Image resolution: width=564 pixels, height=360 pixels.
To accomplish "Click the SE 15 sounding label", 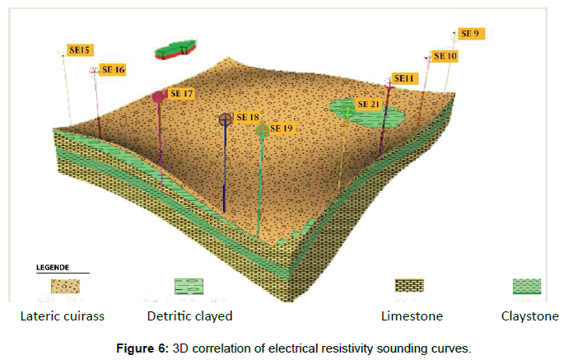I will pyautogui.click(x=80, y=50).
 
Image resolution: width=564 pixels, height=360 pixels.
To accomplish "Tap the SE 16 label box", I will pyautogui.click(x=112, y=70).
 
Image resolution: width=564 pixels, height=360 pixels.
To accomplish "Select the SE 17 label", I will pyautogui.click(x=181, y=94).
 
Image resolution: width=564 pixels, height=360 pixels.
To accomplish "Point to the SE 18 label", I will pyautogui.click(x=247, y=118).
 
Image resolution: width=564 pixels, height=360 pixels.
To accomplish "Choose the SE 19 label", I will pyautogui.click(x=282, y=129).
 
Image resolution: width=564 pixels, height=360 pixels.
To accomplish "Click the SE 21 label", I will pyautogui.click(x=368, y=105).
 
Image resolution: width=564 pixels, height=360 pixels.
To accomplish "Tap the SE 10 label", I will pyautogui.click(x=445, y=56).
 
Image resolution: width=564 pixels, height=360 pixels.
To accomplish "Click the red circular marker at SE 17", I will pyautogui.click(x=159, y=96).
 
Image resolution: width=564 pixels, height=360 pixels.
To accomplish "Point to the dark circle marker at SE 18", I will pyautogui.click(x=225, y=119).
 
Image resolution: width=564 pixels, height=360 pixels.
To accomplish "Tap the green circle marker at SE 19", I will pyautogui.click(x=262, y=130).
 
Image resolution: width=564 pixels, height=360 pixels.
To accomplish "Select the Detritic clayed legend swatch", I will pyautogui.click(x=189, y=286).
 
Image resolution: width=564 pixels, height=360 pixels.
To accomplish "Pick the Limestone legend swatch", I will pyautogui.click(x=410, y=286).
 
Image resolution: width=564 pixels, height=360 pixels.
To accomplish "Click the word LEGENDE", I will pyautogui.click(x=51, y=267).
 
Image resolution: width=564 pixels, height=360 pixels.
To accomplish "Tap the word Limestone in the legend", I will pyautogui.click(x=412, y=316).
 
